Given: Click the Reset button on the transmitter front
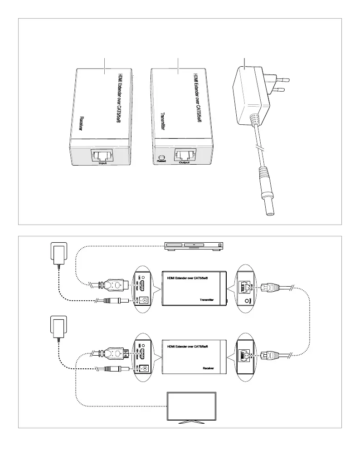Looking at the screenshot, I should click(161, 155).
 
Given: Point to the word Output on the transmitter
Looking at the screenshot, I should click(184, 162).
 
